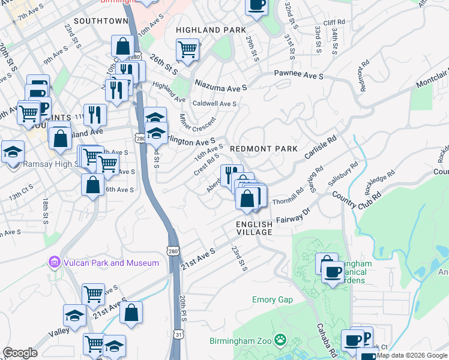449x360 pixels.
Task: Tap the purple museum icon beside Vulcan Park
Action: click(x=55, y=262)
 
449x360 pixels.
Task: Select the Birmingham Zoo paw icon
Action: click(x=280, y=341)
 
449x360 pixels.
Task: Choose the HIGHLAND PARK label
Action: click(x=211, y=30)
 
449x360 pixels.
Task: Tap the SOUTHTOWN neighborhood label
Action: click(x=102, y=21)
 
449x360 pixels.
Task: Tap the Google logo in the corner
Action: click(x=20, y=353)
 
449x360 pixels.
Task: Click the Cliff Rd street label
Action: click(x=333, y=23)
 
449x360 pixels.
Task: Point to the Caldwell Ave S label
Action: click(x=214, y=103)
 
